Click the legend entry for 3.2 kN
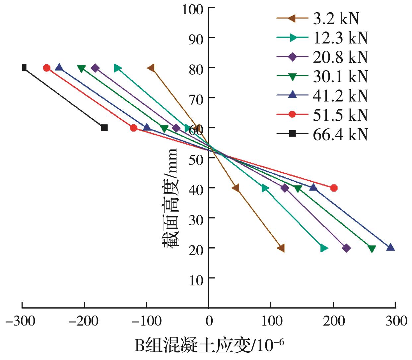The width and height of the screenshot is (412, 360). pyautogui.click(x=336, y=19)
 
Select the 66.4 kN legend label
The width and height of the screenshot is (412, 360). pyautogui.click(x=340, y=134)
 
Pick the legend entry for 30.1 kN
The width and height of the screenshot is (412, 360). pyautogui.click(x=340, y=77)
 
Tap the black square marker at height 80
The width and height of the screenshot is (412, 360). pyautogui.click(x=24, y=68)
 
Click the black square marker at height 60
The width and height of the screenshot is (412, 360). pyautogui.click(x=104, y=128)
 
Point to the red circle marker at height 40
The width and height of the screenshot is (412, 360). pyautogui.click(x=334, y=188)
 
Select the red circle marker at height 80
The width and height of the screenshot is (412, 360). pyautogui.click(x=47, y=68)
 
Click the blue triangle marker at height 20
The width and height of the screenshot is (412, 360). pyautogui.click(x=390, y=247)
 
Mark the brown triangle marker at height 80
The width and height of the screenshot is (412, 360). pyautogui.click(x=151, y=68)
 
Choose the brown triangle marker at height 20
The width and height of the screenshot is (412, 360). pyautogui.click(x=281, y=248)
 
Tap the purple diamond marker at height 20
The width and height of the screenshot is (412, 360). pyautogui.click(x=346, y=248)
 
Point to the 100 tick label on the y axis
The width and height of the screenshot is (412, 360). pyautogui.click(x=193, y=9)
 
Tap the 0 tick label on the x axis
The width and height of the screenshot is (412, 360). pyautogui.click(x=209, y=321)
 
